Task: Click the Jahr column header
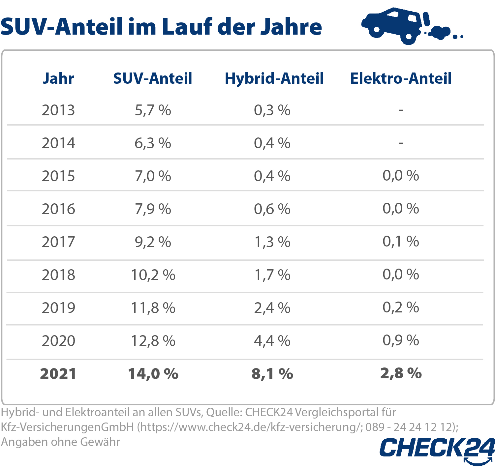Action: (x=58, y=78)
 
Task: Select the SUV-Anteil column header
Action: (x=153, y=78)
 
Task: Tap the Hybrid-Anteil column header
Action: (x=274, y=78)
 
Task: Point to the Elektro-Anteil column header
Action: (x=401, y=78)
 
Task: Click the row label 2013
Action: (x=58, y=110)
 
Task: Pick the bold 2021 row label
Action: (x=58, y=374)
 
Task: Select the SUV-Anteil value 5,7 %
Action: (x=153, y=110)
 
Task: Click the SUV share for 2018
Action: (x=153, y=275)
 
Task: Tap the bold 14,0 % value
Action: (x=153, y=374)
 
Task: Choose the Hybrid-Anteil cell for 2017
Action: (x=272, y=242)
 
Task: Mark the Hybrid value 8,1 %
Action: (x=272, y=374)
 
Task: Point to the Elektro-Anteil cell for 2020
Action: (x=401, y=340)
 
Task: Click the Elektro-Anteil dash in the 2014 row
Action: (x=401, y=143)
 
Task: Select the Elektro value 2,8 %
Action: (x=401, y=373)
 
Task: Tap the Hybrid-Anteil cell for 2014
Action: (x=272, y=143)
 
